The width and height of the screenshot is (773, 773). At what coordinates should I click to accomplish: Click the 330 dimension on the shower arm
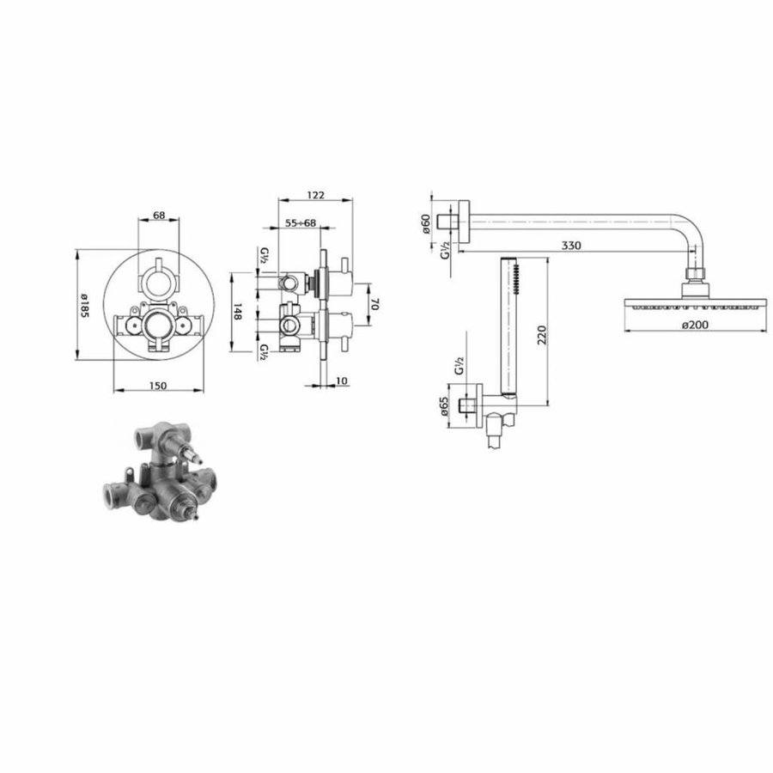click(x=571, y=246)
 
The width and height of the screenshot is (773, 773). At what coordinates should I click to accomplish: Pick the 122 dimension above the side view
click(x=315, y=193)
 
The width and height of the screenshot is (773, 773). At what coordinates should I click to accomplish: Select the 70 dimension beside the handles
click(x=374, y=304)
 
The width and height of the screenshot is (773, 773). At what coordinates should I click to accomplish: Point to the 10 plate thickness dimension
click(x=340, y=380)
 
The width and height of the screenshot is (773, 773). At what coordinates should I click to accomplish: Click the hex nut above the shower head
click(x=697, y=277)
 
